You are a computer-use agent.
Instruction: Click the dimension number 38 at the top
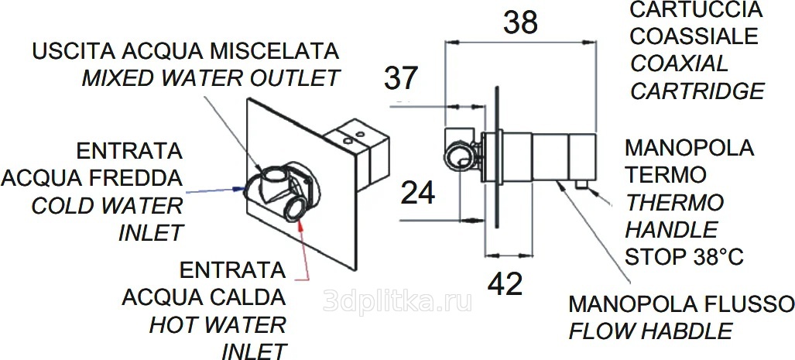[x=520, y=22]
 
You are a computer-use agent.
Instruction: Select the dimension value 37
[x=400, y=78]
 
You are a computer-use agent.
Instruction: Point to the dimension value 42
[x=505, y=284]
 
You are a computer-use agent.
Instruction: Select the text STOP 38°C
[x=684, y=257]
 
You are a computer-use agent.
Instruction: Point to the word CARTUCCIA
[x=696, y=9]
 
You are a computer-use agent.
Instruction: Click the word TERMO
[x=666, y=175]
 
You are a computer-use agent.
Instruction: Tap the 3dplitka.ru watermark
[x=398, y=301]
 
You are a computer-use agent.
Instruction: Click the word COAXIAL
[x=679, y=64]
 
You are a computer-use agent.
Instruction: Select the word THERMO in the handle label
[x=674, y=203]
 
